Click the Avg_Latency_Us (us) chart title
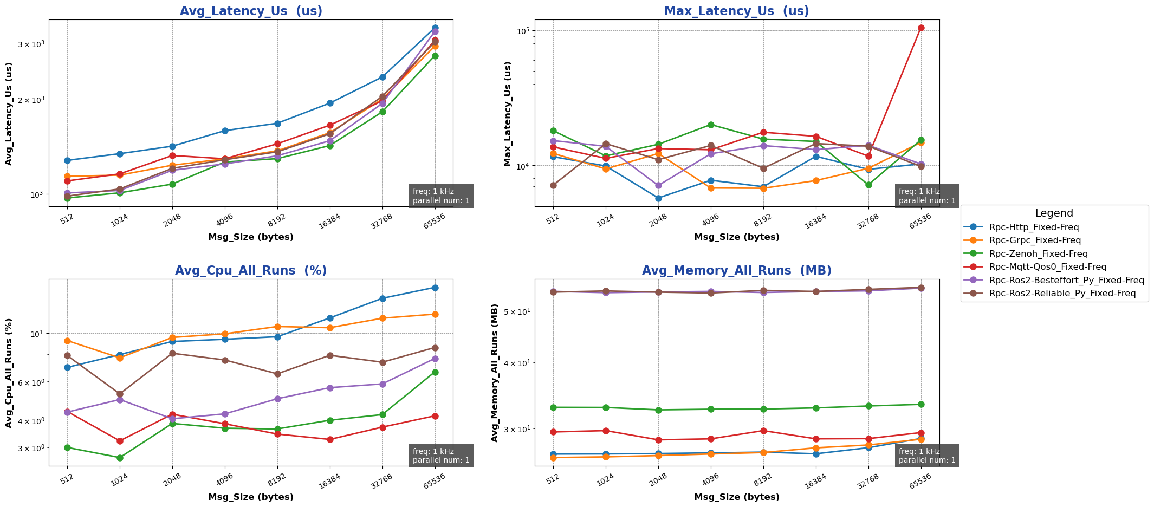(250, 11)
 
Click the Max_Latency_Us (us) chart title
(736, 11)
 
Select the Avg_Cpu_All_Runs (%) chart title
(250, 271)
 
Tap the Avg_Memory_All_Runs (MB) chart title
(736, 271)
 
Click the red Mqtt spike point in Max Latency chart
(921, 28)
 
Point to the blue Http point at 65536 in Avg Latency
(435, 28)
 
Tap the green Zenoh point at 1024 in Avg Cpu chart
(120, 458)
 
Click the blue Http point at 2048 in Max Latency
(658, 198)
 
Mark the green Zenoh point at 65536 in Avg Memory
(921, 404)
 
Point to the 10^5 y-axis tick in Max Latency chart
(522, 30)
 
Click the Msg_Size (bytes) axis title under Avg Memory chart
(736, 497)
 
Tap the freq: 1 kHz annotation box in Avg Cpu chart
(441, 456)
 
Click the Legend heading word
(1054, 213)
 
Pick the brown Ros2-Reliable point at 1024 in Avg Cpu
(120, 394)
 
